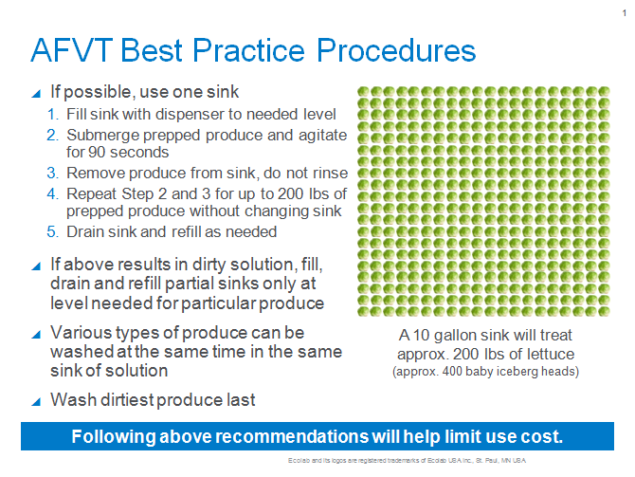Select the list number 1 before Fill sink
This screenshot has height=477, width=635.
(x=53, y=115)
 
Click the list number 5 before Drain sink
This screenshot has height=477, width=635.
(x=53, y=231)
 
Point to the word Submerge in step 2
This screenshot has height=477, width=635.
(x=100, y=136)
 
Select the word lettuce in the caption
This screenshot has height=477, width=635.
(x=548, y=354)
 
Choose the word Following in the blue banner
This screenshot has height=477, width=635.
(x=112, y=437)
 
